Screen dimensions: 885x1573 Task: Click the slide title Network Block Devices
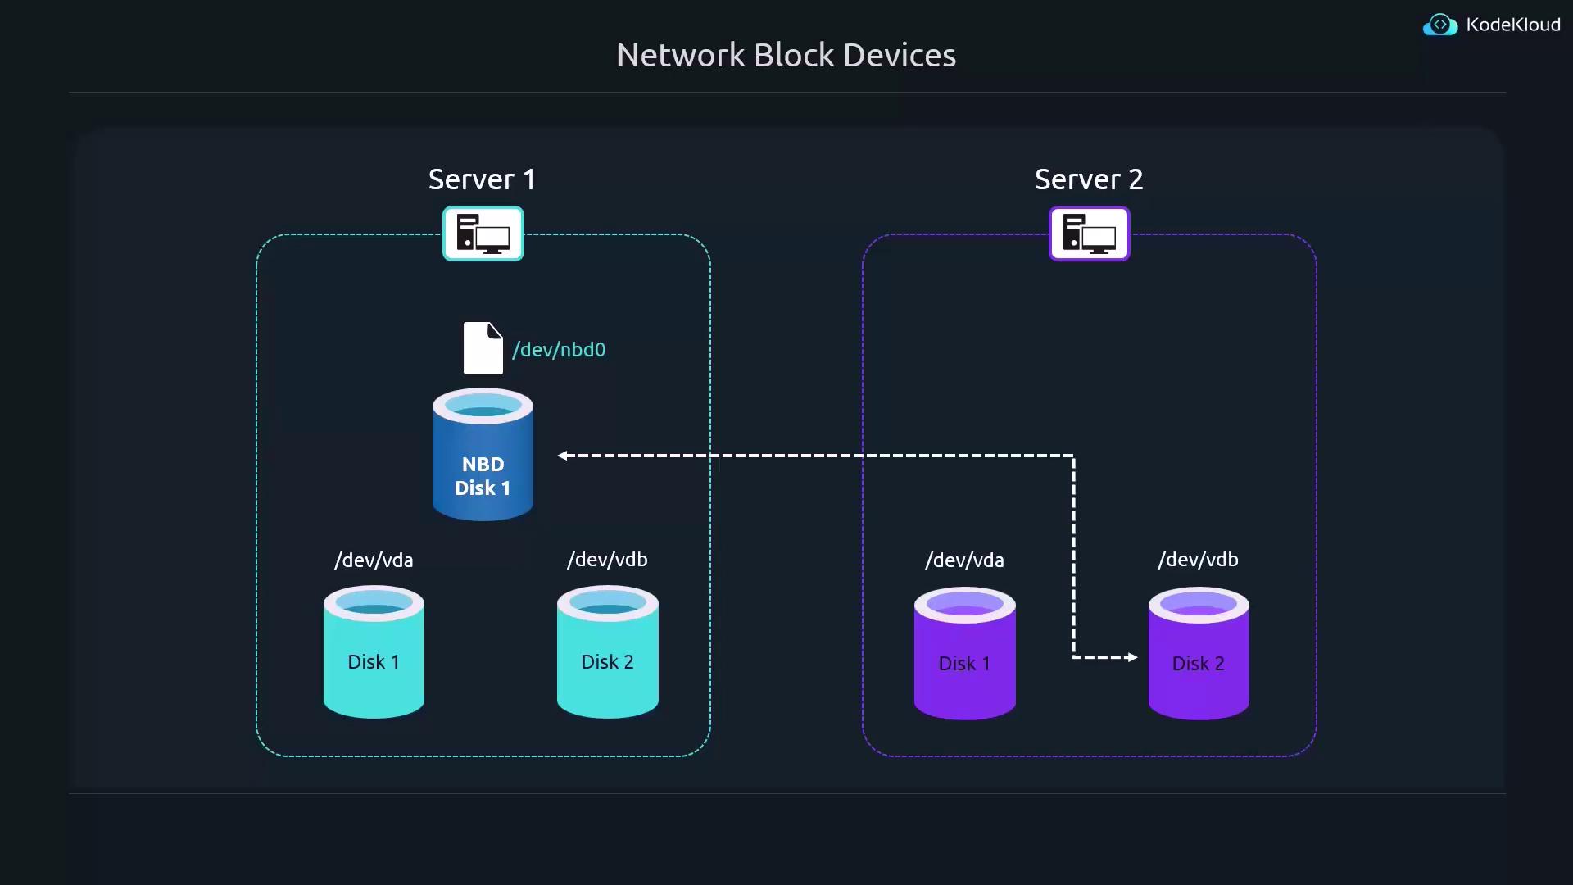coord(786,56)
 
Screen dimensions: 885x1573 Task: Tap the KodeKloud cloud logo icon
coord(1439,25)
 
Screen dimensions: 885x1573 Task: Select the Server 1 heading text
coord(482,179)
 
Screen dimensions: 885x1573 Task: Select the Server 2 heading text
coord(1088,179)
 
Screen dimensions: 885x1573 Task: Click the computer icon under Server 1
coord(483,234)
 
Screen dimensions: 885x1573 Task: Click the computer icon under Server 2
coord(1089,234)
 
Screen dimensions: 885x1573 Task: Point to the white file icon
coord(483,348)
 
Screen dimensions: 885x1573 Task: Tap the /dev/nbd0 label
coord(559,350)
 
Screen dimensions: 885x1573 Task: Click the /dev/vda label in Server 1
coord(374,560)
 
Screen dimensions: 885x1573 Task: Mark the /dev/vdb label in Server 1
coord(607,560)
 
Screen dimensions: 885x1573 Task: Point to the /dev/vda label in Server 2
coord(964,560)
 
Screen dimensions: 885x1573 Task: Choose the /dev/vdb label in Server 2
coord(1198,560)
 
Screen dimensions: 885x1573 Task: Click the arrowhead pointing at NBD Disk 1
coord(563,456)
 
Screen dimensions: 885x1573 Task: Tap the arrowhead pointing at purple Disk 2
coord(1132,657)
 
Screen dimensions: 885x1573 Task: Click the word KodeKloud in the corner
coord(1512,25)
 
